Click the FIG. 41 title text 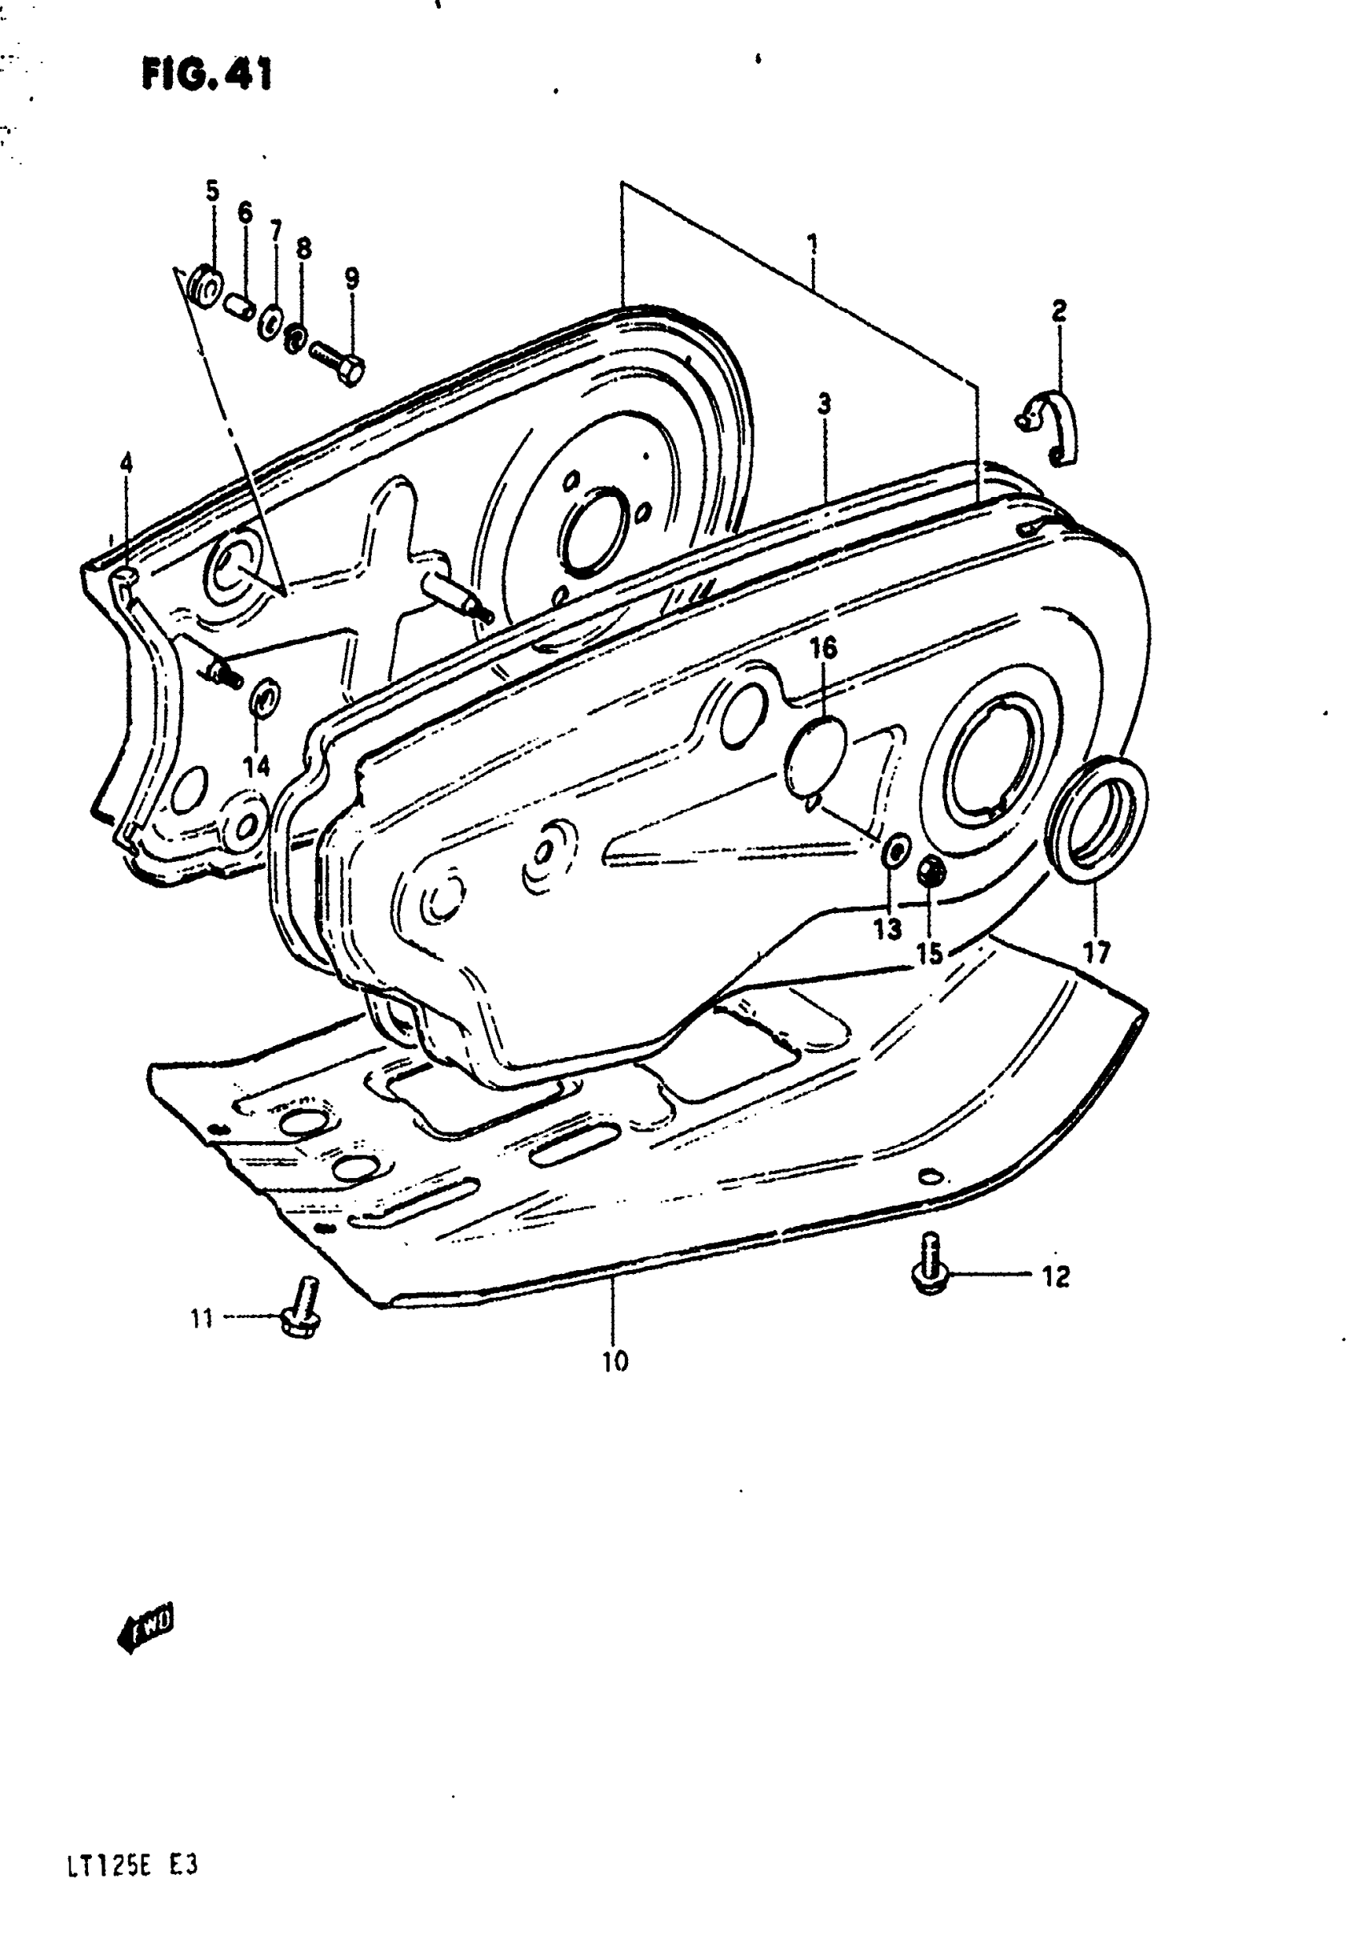pyautogui.click(x=207, y=75)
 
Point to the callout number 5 pyautogui.click(x=212, y=191)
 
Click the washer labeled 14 pyautogui.click(x=261, y=700)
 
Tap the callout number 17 pyautogui.click(x=1098, y=951)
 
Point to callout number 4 pyautogui.click(x=127, y=465)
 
